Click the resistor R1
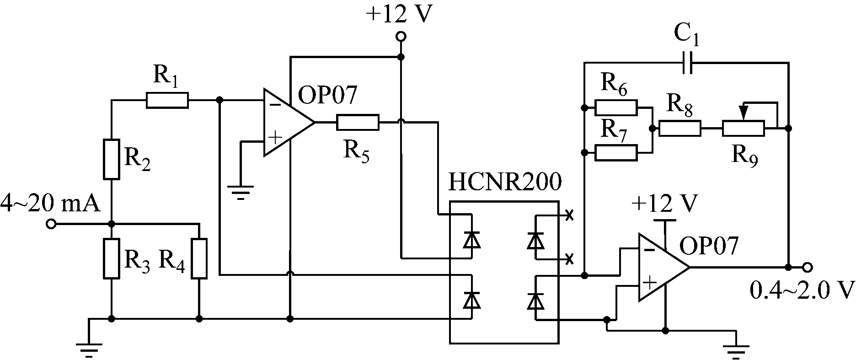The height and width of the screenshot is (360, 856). point(167,100)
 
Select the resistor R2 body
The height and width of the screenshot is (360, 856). point(112,159)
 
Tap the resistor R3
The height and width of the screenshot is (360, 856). point(112,258)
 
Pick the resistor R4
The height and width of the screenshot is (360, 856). point(199,258)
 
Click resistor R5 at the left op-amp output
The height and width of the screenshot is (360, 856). point(358,123)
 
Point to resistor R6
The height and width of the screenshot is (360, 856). point(616,108)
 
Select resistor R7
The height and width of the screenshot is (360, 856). point(616,152)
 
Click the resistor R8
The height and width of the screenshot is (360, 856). point(679,129)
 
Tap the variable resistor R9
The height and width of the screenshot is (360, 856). point(743,129)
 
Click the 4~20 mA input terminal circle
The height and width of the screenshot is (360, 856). point(51,225)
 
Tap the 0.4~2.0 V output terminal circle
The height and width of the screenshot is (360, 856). point(808,267)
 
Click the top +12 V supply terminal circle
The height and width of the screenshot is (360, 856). point(401,36)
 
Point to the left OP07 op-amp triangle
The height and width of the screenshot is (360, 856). point(286,123)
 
